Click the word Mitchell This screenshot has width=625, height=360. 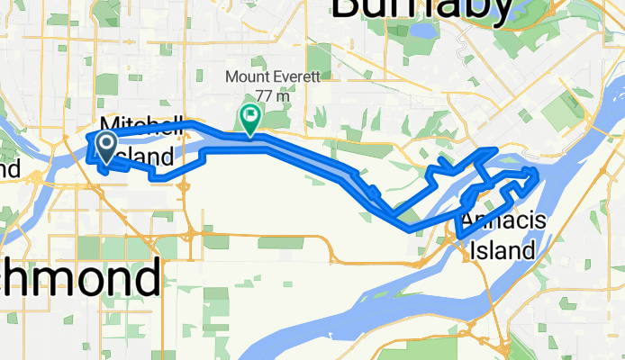tap(143, 125)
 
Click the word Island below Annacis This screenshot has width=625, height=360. tap(509, 249)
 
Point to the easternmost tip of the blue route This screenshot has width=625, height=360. tap(538, 171)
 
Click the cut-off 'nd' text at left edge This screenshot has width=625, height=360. tap(9, 167)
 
